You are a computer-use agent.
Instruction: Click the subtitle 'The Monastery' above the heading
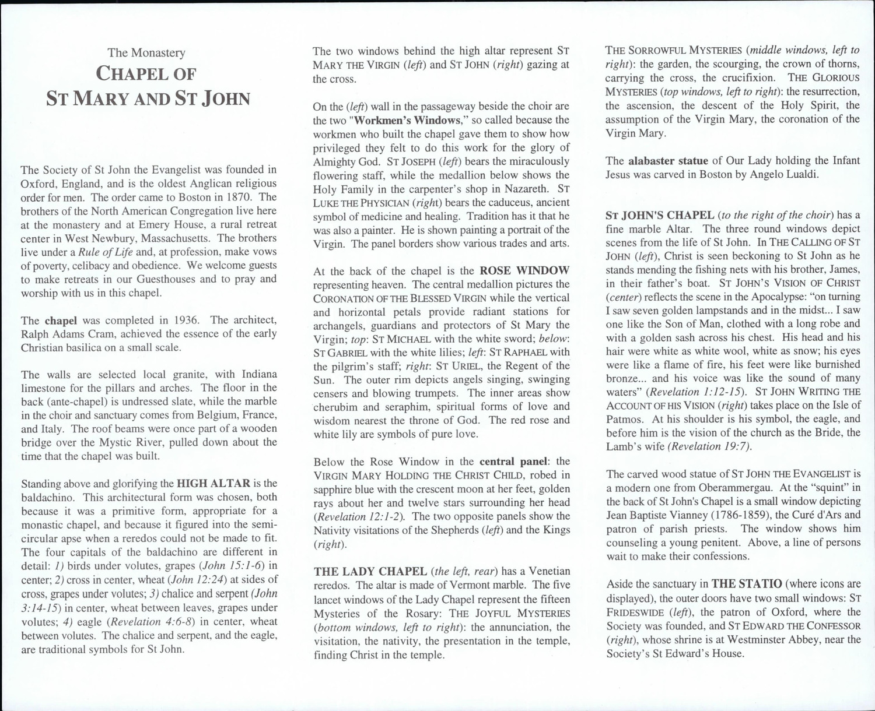[146, 53]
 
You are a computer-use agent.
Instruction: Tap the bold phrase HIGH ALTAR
[213, 484]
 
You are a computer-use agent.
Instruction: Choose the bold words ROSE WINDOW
[524, 270]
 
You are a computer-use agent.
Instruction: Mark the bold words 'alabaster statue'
[668, 161]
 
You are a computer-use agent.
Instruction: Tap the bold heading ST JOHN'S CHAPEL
[660, 215]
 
